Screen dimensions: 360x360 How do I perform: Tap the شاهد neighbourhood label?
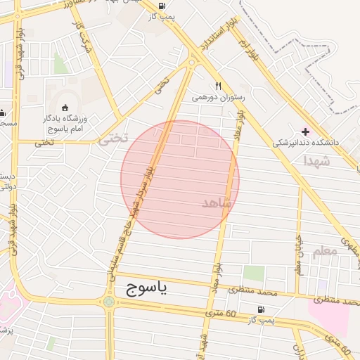[x=216, y=202]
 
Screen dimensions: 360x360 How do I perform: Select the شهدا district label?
[x=316, y=161]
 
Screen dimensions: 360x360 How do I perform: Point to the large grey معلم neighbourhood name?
[x=325, y=252]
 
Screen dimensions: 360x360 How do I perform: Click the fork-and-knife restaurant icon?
[x=218, y=86]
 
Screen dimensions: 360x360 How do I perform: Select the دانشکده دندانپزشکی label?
[x=306, y=142]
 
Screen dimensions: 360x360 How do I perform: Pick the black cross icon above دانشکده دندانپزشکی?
[x=305, y=131]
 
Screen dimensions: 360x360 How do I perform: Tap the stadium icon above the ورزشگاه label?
[x=65, y=107]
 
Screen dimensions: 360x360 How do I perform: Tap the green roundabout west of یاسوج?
[x=109, y=302]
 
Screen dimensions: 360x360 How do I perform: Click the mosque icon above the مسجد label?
[x=3, y=112]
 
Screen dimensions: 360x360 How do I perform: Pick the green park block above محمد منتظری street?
[x=254, y=274]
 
